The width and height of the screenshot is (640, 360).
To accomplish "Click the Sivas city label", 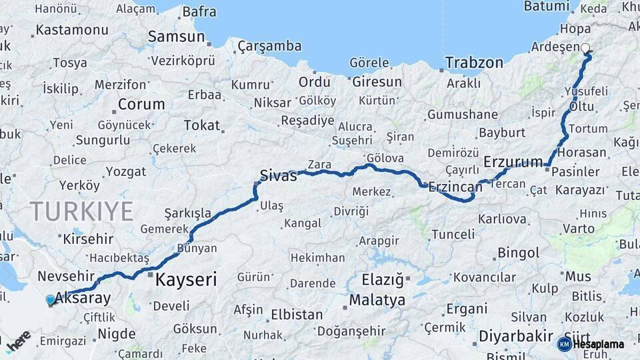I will tap(278, 176).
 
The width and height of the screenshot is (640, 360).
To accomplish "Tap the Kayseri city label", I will tap(186, 279).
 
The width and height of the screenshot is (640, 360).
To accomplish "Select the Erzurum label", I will tap(513, 162).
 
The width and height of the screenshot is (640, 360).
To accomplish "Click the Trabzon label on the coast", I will tap(474, 63).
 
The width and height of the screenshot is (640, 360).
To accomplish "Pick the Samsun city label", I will tap(176, 36).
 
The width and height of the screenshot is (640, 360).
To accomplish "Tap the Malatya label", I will tap(377, 300).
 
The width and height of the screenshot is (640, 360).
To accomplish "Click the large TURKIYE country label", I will tap(81, 211).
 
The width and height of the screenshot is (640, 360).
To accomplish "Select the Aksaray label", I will tap(84, 297).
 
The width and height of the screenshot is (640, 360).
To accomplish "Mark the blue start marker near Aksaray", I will tap(50, 300).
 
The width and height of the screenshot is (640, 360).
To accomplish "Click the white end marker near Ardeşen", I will tap(585, 48).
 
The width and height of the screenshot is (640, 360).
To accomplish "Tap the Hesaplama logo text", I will tap(597, 344).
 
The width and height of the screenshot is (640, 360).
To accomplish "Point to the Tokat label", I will tap(201, 125).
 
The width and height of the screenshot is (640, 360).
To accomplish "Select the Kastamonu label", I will tap(72, 30).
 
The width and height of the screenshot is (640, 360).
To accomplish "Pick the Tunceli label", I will tap(453, 234).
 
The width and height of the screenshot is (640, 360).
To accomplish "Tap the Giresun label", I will tap(377, 82).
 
